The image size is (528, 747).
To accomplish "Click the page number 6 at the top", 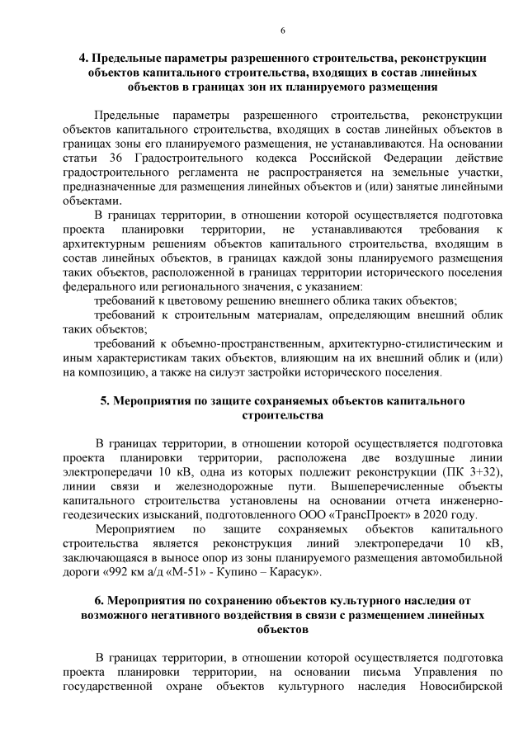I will (x=282, y=31).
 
